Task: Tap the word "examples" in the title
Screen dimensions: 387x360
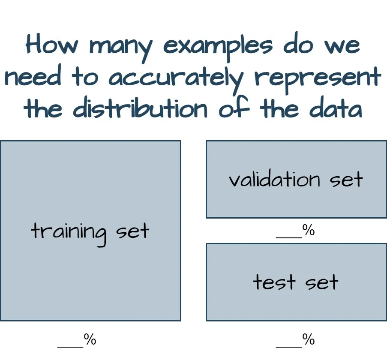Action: tap(218, 48)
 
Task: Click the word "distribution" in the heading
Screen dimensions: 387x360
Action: tap(140, 107)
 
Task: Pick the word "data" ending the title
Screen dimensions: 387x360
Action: tap(336, 108)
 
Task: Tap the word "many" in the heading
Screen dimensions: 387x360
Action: tap(121, 49)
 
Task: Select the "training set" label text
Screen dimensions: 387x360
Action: tap(90, 233)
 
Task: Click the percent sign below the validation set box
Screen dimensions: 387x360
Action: tap(309, 230)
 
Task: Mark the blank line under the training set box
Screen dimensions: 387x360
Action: tap(71, 347)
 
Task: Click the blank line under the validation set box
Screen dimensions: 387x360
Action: tap(289, 238)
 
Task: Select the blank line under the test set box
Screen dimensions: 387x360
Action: tap(289, 347)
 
